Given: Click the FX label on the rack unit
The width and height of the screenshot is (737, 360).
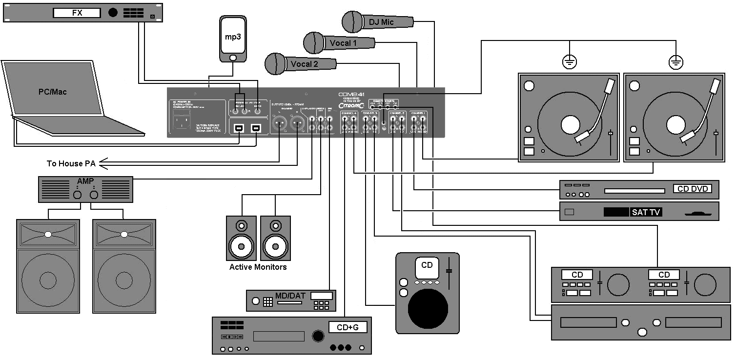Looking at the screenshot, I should (77, 13).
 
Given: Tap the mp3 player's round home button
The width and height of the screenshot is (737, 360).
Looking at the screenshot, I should (233, 58).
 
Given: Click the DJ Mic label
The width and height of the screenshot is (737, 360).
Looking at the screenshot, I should (381, 21).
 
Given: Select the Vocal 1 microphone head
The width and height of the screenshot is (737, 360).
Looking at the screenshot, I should (314, 43).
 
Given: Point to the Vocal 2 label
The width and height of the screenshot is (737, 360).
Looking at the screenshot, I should (304, 64).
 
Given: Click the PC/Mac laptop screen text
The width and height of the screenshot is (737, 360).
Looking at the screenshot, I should (52, 91).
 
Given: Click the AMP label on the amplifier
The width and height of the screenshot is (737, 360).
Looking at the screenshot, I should (85, 181).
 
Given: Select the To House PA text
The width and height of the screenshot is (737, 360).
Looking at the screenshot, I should (71, 163).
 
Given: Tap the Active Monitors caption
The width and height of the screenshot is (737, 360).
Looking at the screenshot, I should (258, 267).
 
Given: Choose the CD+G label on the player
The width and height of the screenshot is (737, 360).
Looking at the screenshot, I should (347, 327).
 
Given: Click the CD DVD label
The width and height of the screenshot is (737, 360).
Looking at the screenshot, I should (692, 189).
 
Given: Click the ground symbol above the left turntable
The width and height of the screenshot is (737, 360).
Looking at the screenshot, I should (569, 62).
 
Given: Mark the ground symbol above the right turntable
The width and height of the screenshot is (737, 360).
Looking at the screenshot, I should (676, 62).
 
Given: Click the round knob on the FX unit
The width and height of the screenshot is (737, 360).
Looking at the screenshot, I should (113, 13).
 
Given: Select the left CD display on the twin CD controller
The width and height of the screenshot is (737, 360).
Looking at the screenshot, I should (577, 275).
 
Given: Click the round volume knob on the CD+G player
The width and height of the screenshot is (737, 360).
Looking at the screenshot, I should (318, 336).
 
